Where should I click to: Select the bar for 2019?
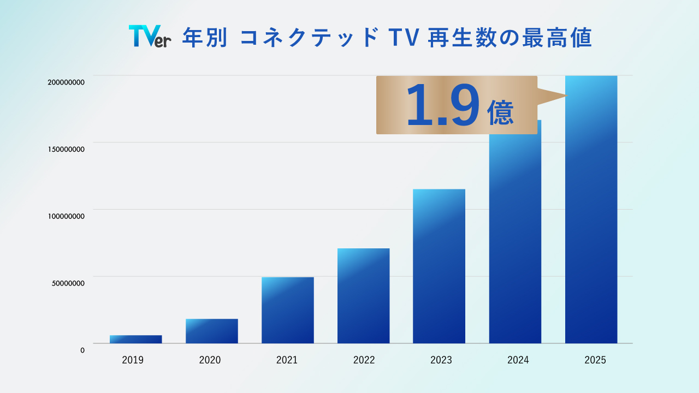[x=135, y=339]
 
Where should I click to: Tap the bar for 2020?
[x=211, y=331]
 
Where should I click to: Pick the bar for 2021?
[x=287, y=310]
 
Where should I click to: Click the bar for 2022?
[x=363, y=296]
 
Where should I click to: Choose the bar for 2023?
[x=439, y=266]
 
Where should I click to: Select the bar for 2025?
[x=591, y=218]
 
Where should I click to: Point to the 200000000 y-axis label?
[x=66, y=82]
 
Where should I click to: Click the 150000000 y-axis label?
[x=66, y=149]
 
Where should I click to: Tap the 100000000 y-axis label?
[x=66, y=216]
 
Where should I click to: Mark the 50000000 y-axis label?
[x=68, y=283]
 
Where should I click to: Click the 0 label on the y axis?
[x=82, y=350]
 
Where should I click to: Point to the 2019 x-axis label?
[x=133, y=360]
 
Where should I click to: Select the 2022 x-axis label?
[x=364, y=360]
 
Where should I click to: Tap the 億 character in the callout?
[x=500, y=112]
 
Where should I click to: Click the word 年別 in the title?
[x=204, y=38]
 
